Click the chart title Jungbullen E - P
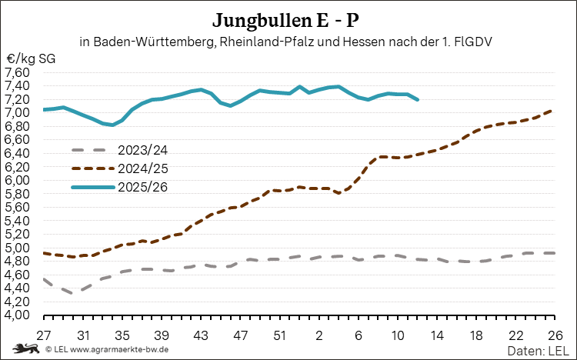pos(288,18)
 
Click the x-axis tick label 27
pos(44,336)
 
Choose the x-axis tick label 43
pos(201,336)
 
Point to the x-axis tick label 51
pos(280,336)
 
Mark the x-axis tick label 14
pos(437,336)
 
